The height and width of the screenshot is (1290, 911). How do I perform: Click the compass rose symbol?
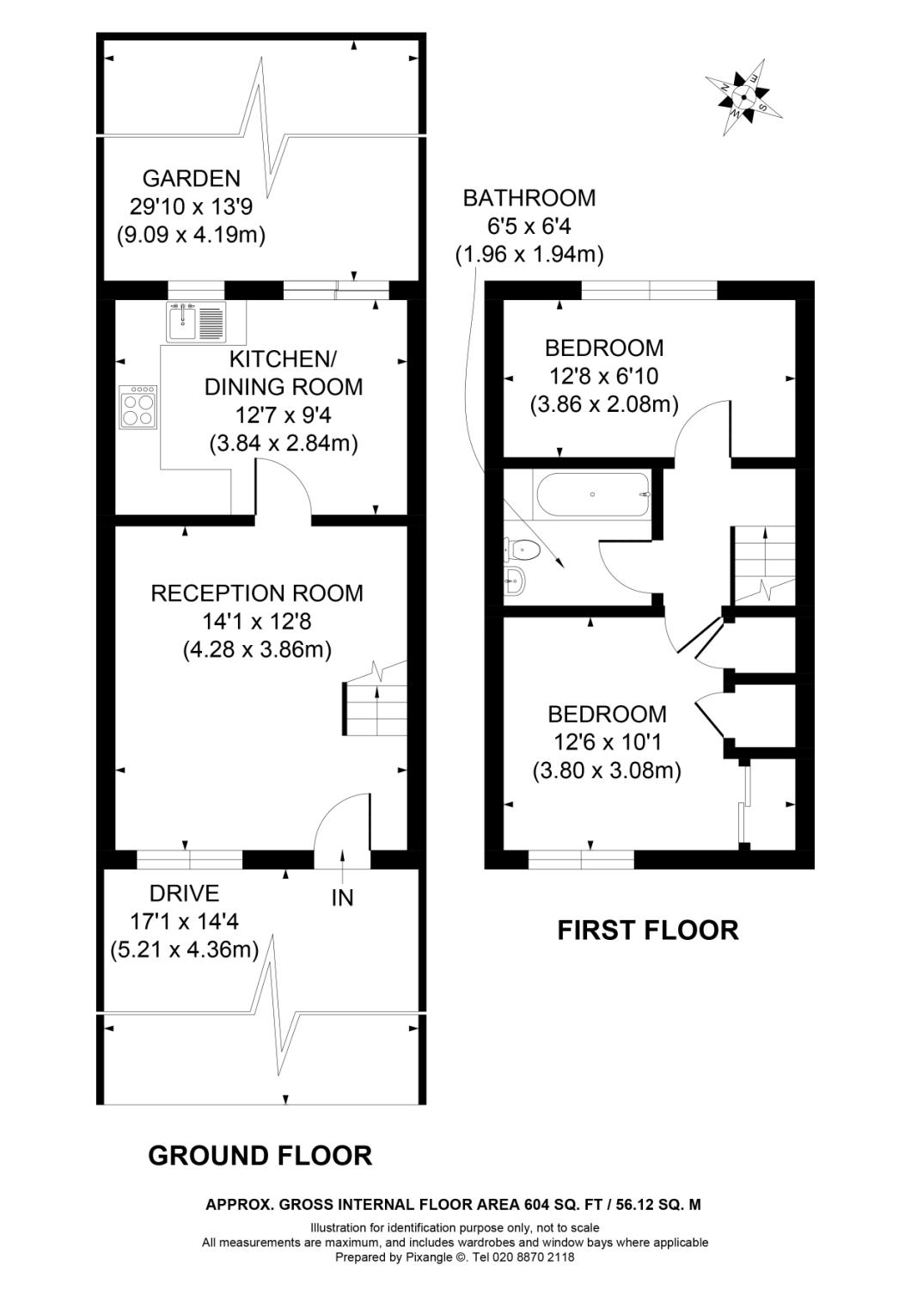click(x=743, y=97)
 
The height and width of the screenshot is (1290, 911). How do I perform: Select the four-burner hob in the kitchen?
click(x=139, y=407)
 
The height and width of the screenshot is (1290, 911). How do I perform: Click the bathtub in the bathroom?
click(x=592, y=495)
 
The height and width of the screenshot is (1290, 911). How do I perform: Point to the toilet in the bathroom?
click(x=523, y=548)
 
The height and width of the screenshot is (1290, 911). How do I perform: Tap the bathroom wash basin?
click(x=515, y=581)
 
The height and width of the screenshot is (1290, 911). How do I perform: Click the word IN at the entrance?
click(x=342, y=898)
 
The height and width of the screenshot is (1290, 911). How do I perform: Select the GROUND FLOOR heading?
click(x=260, y=1155)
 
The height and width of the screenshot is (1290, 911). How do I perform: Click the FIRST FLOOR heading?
click(x=647, y=930)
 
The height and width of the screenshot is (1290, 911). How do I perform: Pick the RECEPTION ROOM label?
click(x=257, y=593)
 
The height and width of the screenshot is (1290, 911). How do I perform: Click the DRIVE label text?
click(x=184, y=894)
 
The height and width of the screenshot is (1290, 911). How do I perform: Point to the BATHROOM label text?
click(x=529, y=198)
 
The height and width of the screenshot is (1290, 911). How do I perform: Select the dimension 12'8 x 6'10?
click(x=604, y=376)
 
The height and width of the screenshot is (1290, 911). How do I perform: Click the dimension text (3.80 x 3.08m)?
click(x=607, y=771)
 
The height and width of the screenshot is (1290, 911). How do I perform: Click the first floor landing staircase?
click(x=763, y=564)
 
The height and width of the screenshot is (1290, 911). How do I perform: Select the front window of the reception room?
click(x=189, y=858)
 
